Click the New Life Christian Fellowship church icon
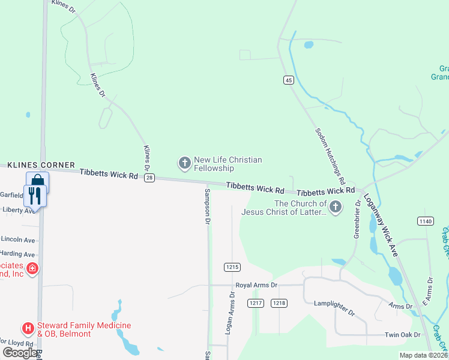point(184,163)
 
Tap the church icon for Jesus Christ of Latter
point(336,208)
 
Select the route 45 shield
point(289,80)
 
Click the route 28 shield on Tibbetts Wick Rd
point(149,177)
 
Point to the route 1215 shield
point(232,266)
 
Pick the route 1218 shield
point(279,303)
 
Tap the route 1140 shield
point(426,221)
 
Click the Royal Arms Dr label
point(256,286)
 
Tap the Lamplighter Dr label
point(334,308)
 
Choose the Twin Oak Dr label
point(404,335)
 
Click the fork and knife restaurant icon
point(34,195)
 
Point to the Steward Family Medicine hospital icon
point(28,328)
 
